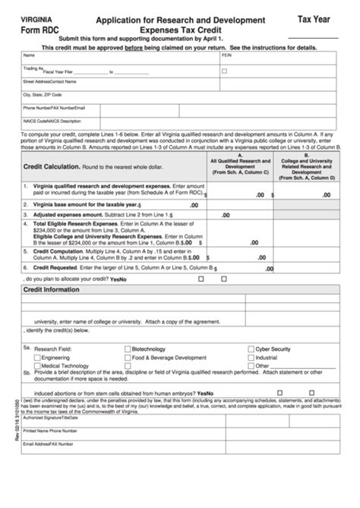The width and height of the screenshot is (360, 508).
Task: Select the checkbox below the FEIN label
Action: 224,71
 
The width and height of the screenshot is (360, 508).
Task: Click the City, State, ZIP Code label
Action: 43,95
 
